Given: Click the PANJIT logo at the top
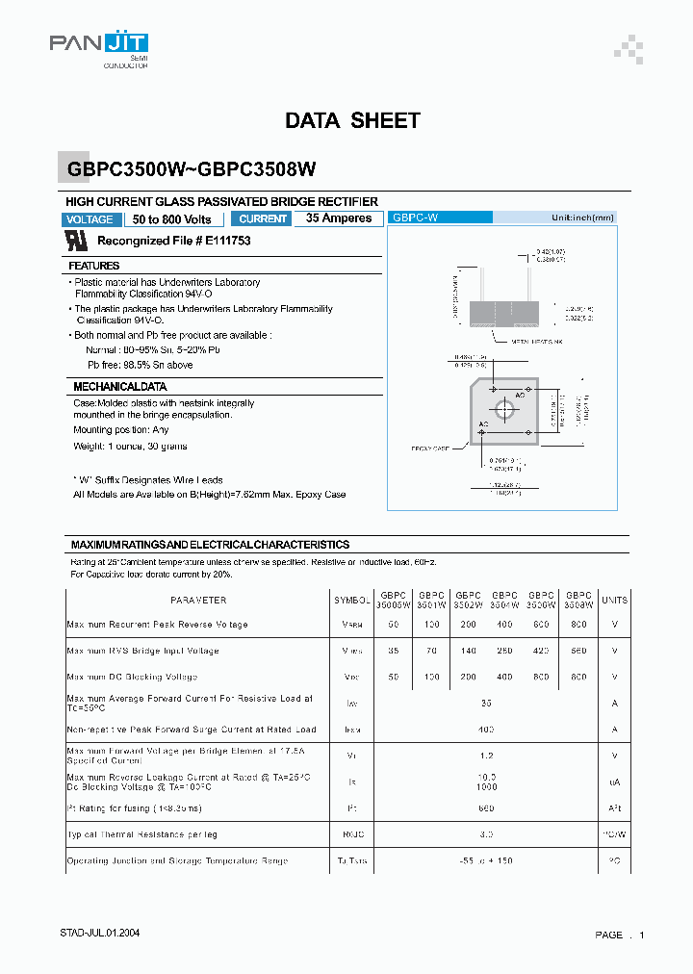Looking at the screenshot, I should point(99,45).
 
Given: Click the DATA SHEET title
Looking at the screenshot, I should point(352,121).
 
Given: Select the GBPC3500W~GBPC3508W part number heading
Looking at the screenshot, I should point(192,168).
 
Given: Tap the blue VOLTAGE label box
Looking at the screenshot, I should point(90,219).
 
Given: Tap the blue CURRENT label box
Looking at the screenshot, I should point(263,219).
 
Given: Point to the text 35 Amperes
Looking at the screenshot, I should point(339,218).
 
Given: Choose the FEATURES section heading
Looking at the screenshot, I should point(94,266).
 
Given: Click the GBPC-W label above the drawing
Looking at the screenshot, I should point(415,218).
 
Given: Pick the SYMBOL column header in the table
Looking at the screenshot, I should point(351,600).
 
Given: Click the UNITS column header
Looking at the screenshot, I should point(614,600).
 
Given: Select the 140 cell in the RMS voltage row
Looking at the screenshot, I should point(468,651).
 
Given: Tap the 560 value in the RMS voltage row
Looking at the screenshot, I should point(578,651).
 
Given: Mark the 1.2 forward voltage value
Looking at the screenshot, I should point(486,756).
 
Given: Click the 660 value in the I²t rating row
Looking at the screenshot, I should point(486,808).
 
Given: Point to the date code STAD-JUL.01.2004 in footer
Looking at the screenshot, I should point(106,935).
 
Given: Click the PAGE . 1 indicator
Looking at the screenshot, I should point(619,936).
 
